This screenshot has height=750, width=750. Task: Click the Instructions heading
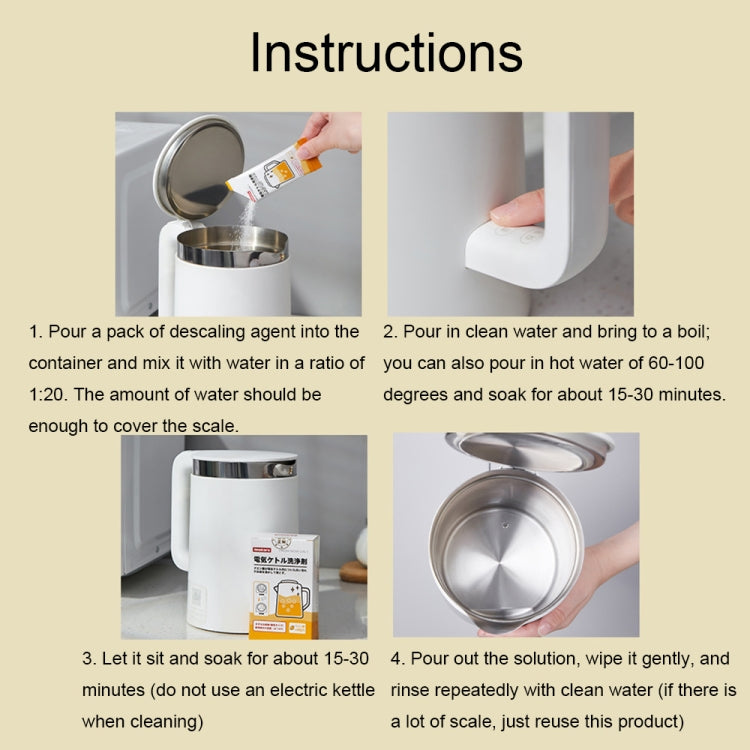tap(385, 52)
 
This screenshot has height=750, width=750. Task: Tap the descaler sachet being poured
tap(268, 171)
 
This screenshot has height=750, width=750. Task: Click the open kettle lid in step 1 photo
tap(198, 166)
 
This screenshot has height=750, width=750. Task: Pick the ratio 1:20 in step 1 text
tap(48, 394)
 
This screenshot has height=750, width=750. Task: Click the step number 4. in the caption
tap(398, 659)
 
